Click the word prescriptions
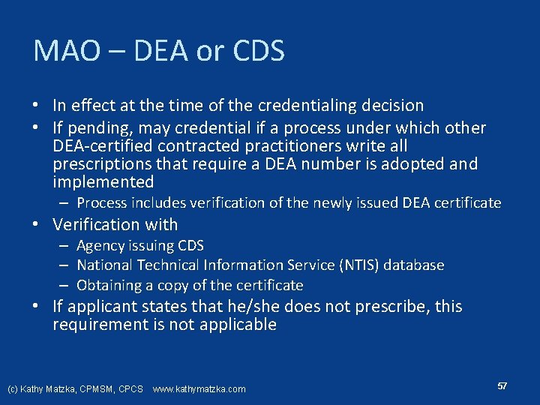pos(103,164)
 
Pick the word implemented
pos(103,182)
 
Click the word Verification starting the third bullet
pos(99,224)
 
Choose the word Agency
pos(100,246)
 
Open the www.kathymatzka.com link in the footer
pos(199,389)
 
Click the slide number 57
pos(502,385)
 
